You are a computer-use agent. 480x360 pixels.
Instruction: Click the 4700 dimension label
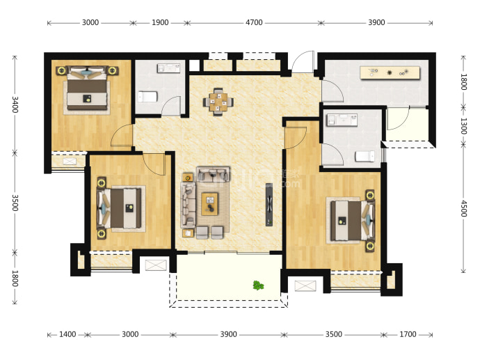[254, 22]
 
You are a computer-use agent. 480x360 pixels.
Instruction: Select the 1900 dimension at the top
[160, 22]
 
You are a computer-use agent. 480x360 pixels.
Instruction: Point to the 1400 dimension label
[67, 334]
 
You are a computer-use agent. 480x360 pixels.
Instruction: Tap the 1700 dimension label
[408, 334]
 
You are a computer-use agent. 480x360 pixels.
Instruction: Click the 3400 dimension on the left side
[15, 104]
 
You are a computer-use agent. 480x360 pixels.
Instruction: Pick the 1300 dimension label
[464, 126]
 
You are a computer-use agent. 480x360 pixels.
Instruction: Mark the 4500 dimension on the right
[464, 208]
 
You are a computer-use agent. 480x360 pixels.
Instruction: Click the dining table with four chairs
[218, 102]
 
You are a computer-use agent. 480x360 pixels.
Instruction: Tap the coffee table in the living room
[209, 204]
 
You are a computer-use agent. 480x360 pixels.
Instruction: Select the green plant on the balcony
[258, 285]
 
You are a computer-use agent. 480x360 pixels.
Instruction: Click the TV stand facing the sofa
[269, 205]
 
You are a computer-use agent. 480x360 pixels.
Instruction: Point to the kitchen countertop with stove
[390, 73]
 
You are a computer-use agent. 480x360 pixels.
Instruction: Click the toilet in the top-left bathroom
[147, 97]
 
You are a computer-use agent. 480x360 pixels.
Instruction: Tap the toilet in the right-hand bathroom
[365, 156]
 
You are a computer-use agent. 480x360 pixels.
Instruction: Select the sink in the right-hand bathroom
[342, 120]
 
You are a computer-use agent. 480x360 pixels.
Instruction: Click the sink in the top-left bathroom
[168, 68]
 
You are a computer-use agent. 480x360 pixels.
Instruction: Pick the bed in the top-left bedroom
[87, 91]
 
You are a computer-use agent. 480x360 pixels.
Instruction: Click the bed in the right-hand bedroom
[352, 220]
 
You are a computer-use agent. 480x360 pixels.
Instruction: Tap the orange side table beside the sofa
[188, 177]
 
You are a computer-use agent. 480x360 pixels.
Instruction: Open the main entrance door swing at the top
[303, 62]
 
